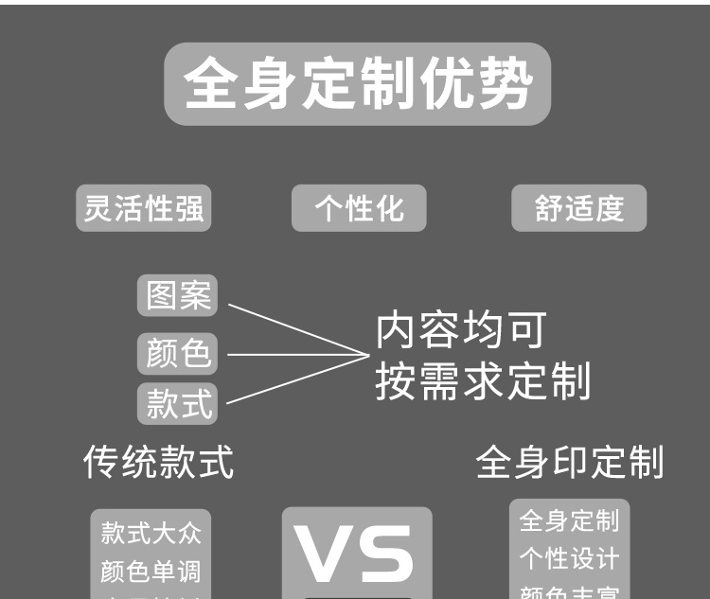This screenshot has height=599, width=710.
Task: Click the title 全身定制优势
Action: [x=357, y=84]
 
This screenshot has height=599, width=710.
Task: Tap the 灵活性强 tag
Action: [x=143, y=208]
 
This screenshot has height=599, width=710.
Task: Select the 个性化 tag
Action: [x=359, y=208]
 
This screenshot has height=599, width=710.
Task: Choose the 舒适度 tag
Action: [x=578, y=208]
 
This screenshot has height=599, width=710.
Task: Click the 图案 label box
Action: [x=177, y=296]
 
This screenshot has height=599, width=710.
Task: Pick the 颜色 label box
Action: [x=177, y=353]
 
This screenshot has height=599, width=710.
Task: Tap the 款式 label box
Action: [x=177, y=403]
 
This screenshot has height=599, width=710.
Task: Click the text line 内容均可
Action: [x=461, y=331]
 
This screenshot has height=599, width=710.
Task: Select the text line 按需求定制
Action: [x=483, y=381]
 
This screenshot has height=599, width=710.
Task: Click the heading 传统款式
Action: [x=158, y=462]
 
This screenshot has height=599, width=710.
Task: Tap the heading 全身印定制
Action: [x=569, y=463]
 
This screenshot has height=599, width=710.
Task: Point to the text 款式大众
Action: [x=151, y=532]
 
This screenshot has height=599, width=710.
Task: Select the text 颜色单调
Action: [x=151, y=572]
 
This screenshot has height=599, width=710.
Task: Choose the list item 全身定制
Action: [x=569, y=520]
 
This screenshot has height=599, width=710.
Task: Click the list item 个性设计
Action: [x=569, y=558]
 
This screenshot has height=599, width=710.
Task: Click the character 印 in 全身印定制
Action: [x=569, y=463]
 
